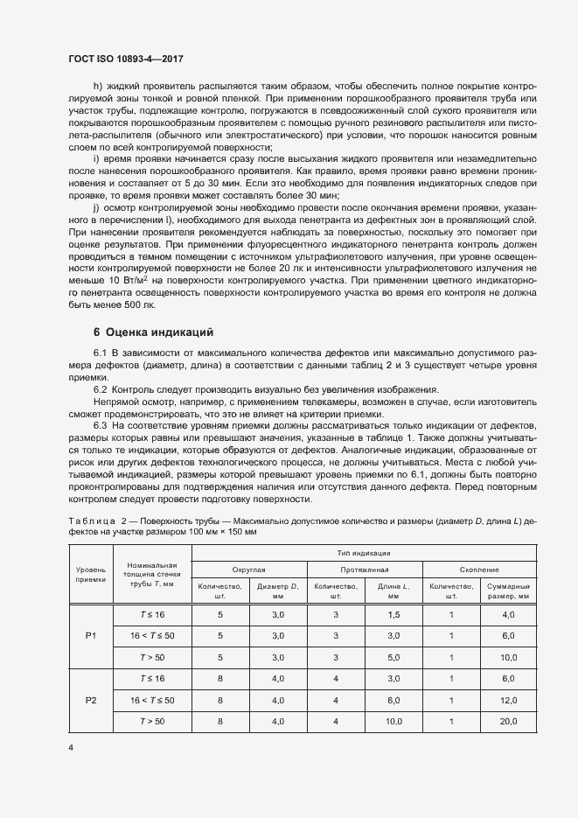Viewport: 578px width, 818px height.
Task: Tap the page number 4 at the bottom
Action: point(71,748)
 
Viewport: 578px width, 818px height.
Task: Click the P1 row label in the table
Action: point(91,634)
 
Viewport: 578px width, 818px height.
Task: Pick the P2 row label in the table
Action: point(91,700)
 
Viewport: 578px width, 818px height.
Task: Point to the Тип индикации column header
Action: point(366,553)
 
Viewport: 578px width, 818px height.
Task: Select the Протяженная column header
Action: point(366,568)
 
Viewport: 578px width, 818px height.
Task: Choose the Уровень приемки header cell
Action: point(91,573)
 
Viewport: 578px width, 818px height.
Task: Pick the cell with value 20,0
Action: point(507,722)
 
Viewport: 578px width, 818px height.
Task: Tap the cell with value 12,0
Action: point(507,700)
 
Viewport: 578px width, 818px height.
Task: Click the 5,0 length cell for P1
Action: point(393,656)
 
